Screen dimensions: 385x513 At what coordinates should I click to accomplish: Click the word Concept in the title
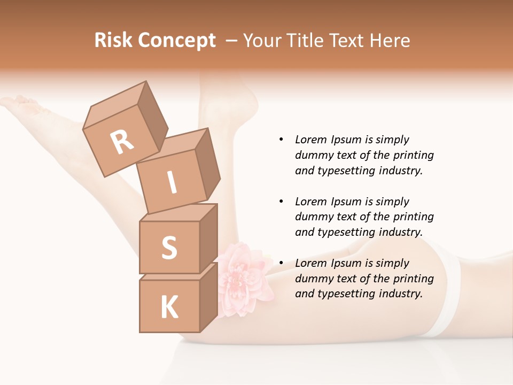point(176,41)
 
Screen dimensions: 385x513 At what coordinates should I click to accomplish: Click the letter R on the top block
point(122,142)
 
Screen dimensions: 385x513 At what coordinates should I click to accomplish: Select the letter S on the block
point(169,248)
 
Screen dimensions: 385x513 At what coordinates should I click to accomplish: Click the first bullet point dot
point(281,140)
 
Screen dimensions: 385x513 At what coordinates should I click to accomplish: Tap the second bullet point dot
point(281,202)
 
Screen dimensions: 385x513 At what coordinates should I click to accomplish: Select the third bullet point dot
point(281,263)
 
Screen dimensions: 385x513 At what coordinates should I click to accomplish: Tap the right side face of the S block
point(208,238)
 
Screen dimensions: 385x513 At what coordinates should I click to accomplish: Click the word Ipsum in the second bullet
point(346,202)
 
